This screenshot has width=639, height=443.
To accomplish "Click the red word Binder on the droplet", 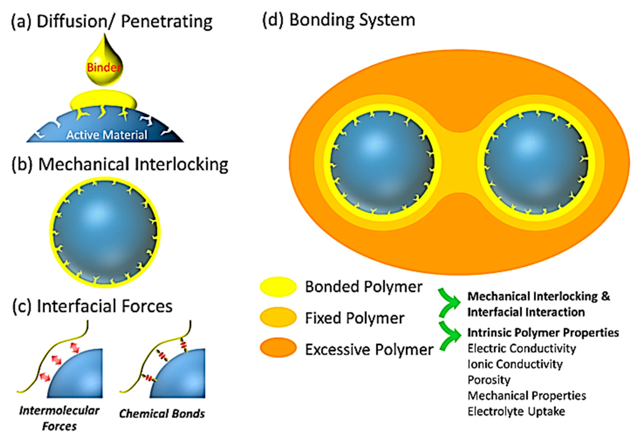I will click(x=104, y=67).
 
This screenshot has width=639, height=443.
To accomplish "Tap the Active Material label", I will click(x=107, y=135).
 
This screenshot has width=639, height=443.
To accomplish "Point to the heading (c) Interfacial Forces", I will click(x=92, y=306).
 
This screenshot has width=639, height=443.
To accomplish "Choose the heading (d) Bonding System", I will click(x=338, y=20).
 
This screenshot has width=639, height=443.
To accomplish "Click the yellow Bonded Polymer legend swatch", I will click(x=278, y=287).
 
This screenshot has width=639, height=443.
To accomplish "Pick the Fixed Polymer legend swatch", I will click(x=278, y=317).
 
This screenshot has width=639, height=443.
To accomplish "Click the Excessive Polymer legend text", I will click(x=369, y=350).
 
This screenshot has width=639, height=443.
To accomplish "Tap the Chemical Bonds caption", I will click(x=162, y=414).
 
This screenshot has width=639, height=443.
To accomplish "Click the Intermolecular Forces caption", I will click(x=59, y=418).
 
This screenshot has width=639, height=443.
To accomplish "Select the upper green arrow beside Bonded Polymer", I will click(x=449, y=303).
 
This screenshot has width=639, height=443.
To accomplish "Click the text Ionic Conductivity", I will click(x=515, y=364).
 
